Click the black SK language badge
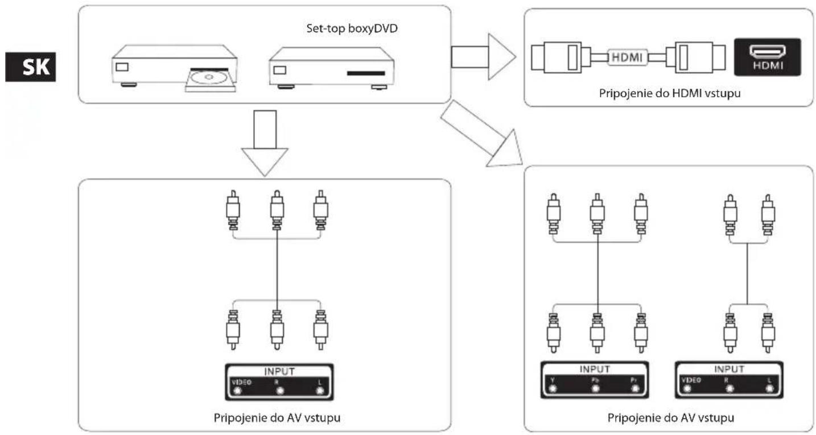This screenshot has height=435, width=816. pyautogui.click(x=31, y=67)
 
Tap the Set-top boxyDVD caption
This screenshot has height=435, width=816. pyautogui.click(x=352, y=28)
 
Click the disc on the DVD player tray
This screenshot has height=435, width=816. pyautogui.click(x=209, y=77)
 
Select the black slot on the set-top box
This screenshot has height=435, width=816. pyautogui.click(x=366, y=73)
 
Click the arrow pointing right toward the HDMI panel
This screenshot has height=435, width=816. pyautogui.click(x=483, y=57)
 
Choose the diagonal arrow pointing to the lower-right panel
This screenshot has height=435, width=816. pyautogui.click(x=481, y=134)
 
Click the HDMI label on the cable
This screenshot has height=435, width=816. pyautogui.click(x=627, y=57)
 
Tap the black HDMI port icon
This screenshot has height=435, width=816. pyautogui.click(x=768, y=57)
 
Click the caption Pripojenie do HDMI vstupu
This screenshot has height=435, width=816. pyautogui.click(x=670, y=94)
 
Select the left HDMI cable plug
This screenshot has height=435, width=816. pyautogui.click(x=561, y=57)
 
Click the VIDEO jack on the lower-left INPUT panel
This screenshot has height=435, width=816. pyautogui.click(x=237, y=391)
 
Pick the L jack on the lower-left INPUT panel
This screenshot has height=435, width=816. pyautogui.click(x=320, y=391)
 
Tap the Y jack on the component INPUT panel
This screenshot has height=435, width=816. pyautogui.click(x=553, y=389)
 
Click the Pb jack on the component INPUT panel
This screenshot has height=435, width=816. pyautogui.click(x=596, y=389)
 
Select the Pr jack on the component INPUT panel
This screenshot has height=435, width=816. pyautogui.click(x=635, y=389)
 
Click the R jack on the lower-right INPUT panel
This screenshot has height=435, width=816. pyautogui.click(x=730, y=389)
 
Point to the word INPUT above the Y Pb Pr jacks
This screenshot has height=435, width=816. pyautogui.click(x=595, y=369)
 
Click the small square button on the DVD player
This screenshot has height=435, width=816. pyautogui.click(x=122, y=67)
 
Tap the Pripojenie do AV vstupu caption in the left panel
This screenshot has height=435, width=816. pyautogui.click(x=277, y=418)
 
